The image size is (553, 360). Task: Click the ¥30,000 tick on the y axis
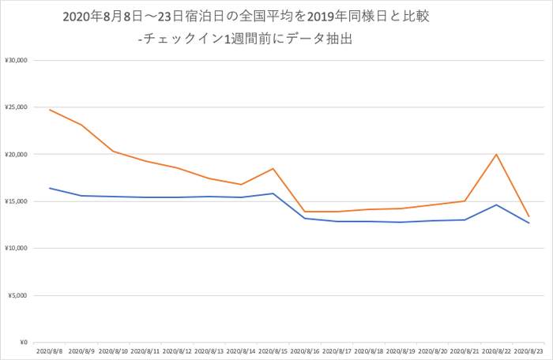17,60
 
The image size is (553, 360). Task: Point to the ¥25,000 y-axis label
17,107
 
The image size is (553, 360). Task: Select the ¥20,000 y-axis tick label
17,154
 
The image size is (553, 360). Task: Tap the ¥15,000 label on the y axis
17,201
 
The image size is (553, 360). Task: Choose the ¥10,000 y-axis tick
17,249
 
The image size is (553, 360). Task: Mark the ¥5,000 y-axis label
18,295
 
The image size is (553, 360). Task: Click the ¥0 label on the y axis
22,343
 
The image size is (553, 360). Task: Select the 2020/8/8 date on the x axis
50,351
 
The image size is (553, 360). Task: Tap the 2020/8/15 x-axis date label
273,351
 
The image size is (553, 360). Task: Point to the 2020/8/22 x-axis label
496,351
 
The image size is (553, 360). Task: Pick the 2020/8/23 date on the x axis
529,351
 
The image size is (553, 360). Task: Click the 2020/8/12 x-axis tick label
177,351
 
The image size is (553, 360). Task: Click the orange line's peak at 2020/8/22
496,154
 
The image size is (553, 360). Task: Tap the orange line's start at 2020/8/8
50,110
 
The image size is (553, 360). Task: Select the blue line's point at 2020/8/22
496,204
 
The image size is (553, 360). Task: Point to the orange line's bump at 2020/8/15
273,168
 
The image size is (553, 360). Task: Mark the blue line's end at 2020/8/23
529,223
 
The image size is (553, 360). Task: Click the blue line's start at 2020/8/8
50,188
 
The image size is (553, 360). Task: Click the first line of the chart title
245,16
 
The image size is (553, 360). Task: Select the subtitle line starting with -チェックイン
244,38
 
